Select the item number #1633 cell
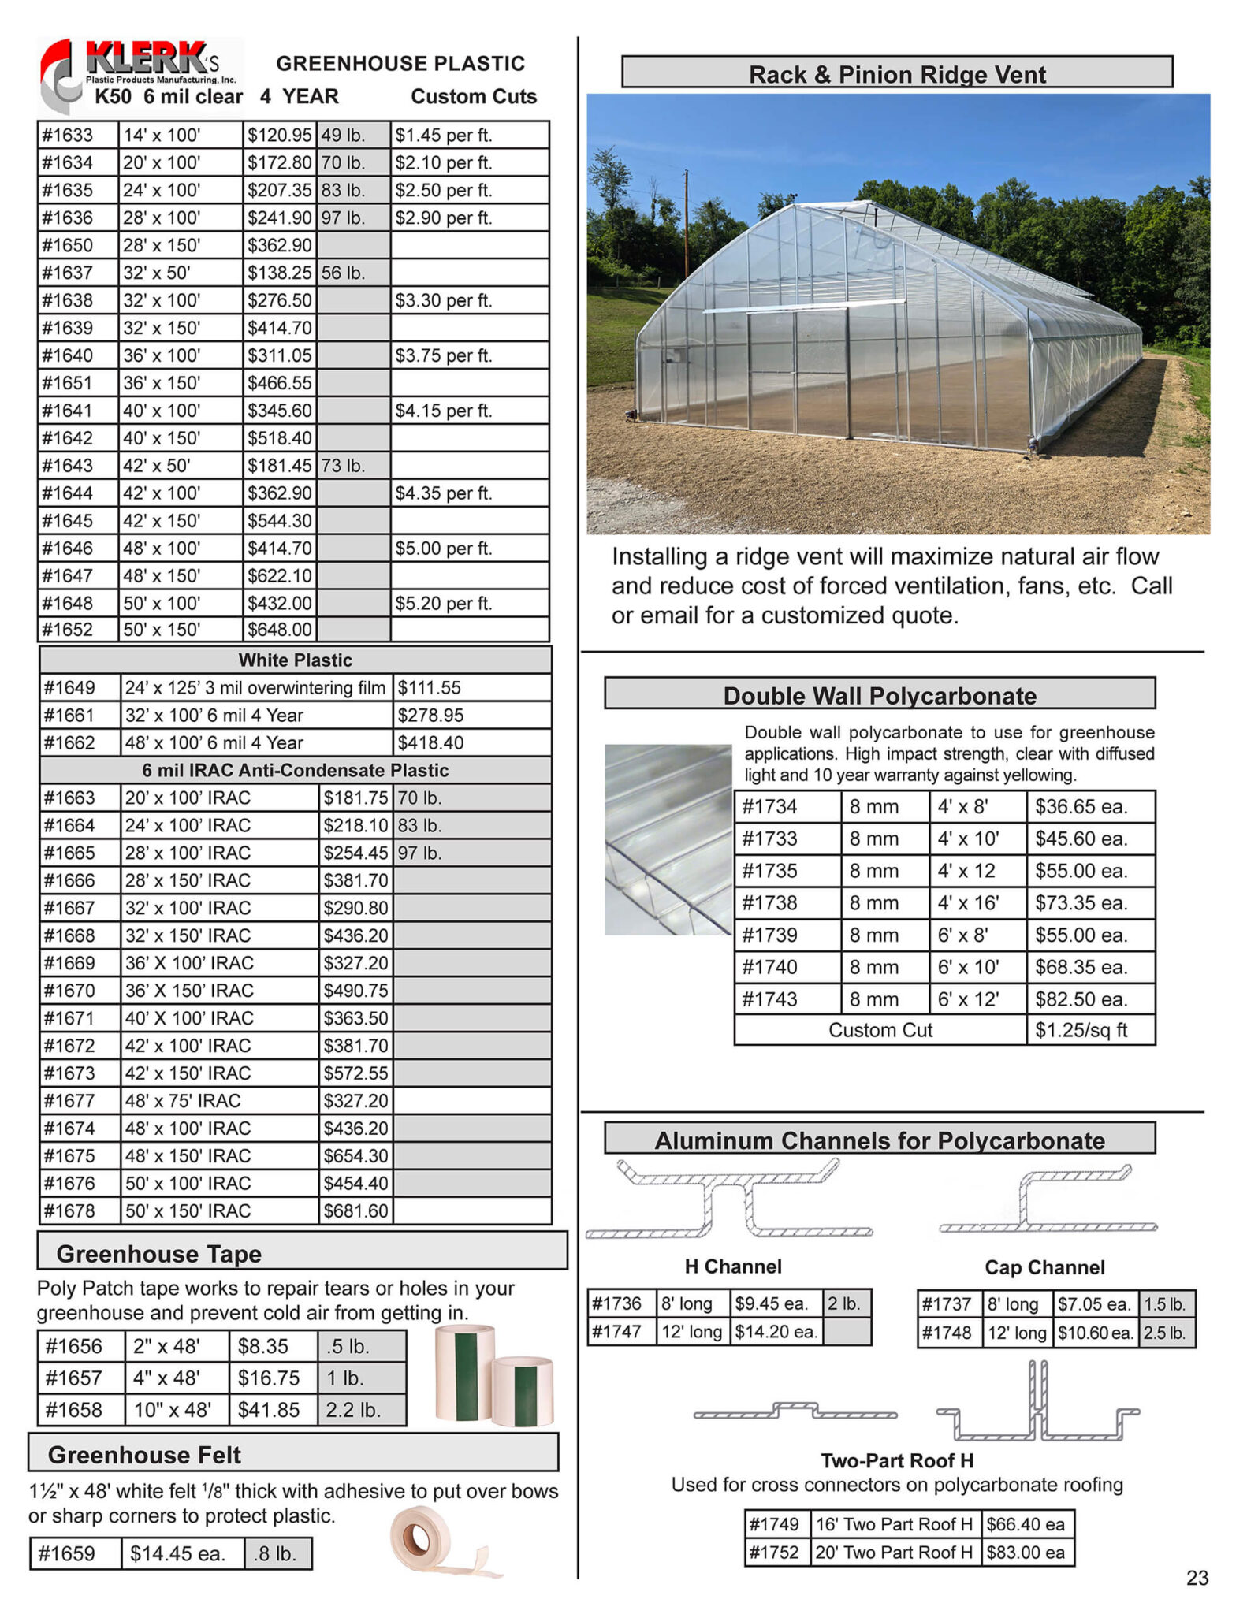(x=77, y=135)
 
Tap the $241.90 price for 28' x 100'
(x=279, y=218)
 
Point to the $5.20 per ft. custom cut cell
(x=469, y=603)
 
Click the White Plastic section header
(x=295, y=660)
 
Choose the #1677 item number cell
(x=80, y=1100)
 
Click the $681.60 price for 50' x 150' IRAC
(x=355, y=1210)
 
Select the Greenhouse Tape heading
(x=158, y=1253)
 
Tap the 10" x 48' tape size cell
(x=176, y=1409)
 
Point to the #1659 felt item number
(x=75, y=1553)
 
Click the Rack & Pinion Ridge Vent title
(x=896, y=74)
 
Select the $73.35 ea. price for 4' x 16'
(x=1089, y=902)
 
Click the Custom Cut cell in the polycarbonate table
(x=880, y=1030)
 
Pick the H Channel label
(x=732, y=1266)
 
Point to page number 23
(x=1197, y=1578)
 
